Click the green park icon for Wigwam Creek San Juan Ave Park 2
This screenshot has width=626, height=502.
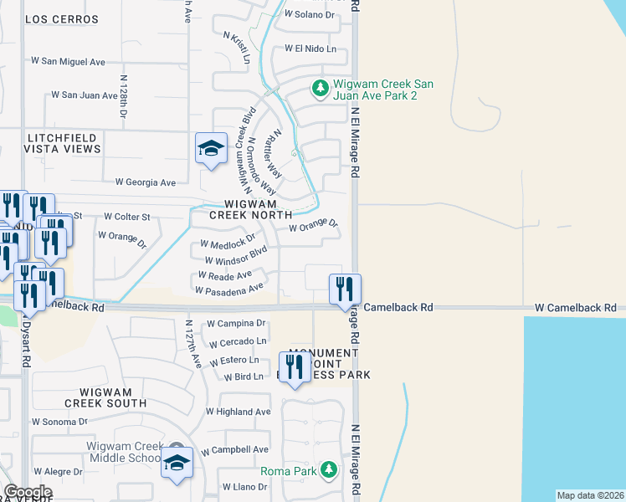click(320, 88)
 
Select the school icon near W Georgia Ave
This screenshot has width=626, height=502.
click(211, 150)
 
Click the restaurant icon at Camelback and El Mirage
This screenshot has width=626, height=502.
click(345, 289)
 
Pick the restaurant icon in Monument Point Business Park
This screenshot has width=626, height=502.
click(294, 367)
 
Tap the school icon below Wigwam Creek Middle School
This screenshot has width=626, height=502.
click(177, 464)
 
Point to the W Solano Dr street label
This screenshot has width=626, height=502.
click(309, 14)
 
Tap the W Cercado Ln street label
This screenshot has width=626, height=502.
click(239, 341)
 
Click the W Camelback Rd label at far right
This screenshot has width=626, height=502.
click(577, 308)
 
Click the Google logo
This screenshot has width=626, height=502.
click(28, 492)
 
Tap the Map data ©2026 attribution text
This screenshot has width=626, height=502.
click(590, 495)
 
